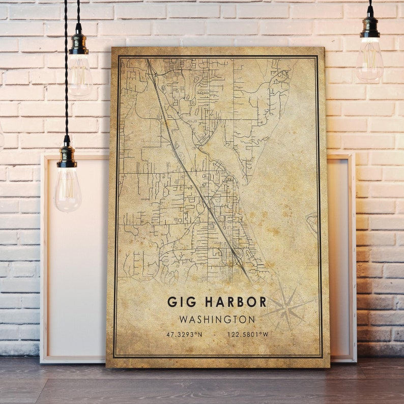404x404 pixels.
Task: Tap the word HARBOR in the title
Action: tap(235, 302)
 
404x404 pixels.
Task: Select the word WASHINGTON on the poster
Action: tap(217, 320)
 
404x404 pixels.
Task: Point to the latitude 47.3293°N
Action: tap(184, 335)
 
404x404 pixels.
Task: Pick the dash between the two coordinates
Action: tap(216, 335)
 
